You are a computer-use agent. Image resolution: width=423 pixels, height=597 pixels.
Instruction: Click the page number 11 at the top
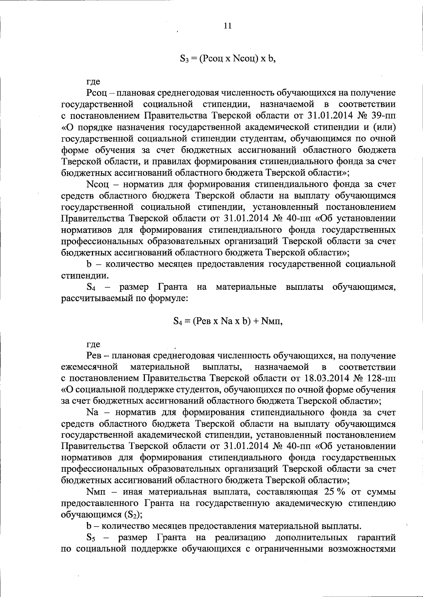coord(228,26)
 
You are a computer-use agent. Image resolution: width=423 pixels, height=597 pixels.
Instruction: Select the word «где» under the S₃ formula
coord(93,82)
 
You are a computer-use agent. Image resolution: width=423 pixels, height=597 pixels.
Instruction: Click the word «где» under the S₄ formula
coord(93,344)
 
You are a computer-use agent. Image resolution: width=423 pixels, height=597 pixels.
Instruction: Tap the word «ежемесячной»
coord(89,367)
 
